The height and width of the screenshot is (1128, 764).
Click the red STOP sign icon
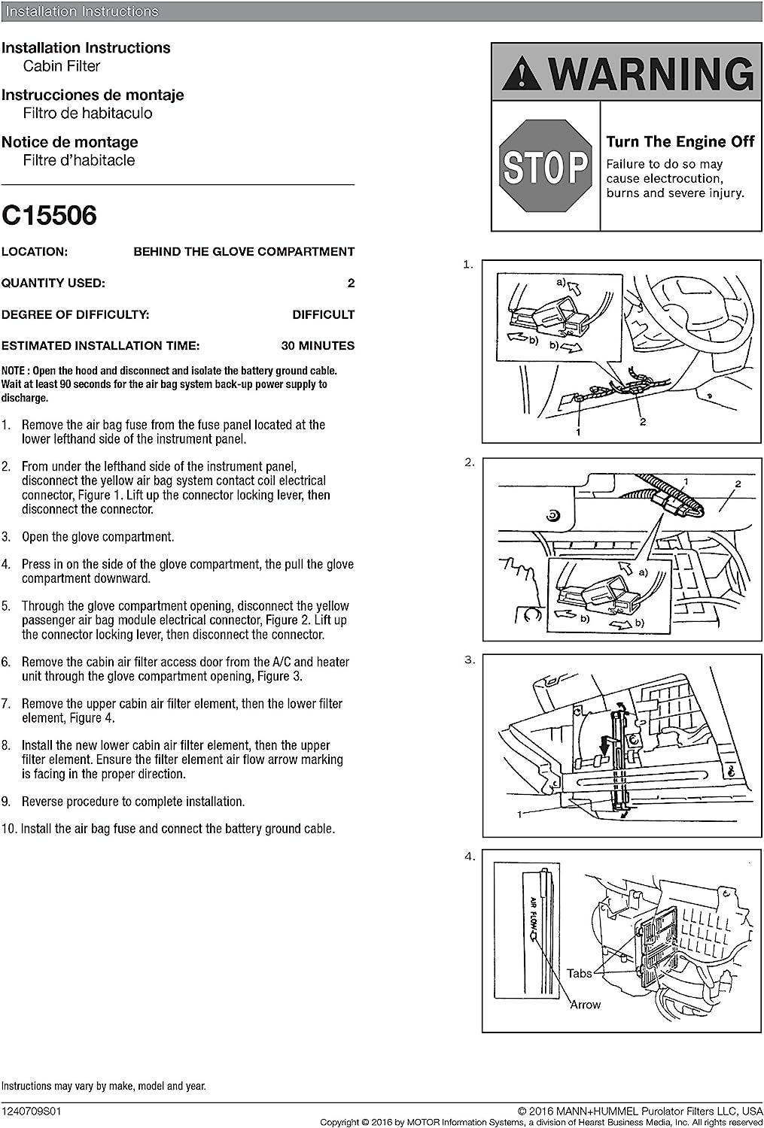click(x=546, y=166)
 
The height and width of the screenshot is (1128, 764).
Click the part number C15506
click(x=49, y=216)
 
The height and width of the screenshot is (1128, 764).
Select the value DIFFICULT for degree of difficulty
click(x=323, y=314)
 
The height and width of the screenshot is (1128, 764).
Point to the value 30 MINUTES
click(x=317, y=346)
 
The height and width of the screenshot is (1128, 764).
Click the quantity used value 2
click(x=351, y=284)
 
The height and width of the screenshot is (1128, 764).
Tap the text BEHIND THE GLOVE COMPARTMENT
click(x=244, y=252)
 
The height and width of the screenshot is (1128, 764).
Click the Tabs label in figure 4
click(x=579, y=973)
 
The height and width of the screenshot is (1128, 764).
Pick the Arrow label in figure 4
click(x=585, y=1004)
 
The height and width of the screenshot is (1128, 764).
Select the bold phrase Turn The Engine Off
click(x=680, y=141)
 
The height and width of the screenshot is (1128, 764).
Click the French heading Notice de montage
click(x=70, y=142)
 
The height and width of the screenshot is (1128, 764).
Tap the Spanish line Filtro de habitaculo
click(x=87, y=114)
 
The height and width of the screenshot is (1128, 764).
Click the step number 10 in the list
click(x=9, y=829)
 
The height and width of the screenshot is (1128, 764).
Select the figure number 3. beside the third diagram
click(x=470, y=660)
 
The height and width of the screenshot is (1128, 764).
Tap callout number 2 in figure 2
click(x=738, y=484)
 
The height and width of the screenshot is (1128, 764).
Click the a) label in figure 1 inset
click(x=561, y=282)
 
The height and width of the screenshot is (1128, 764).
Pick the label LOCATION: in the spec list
click(x=35, y=252)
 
